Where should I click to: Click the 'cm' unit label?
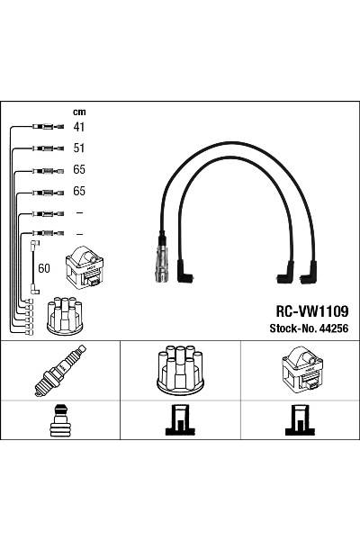(77, 112)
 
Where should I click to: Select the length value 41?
(78, 127)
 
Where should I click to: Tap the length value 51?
(78, 148)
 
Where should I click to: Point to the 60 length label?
(44, 268)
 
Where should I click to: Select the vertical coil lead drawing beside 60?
(34, 265)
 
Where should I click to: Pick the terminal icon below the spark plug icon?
(60, 421)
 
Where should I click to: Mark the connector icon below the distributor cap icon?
(179, 421)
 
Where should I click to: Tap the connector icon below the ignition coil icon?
(300, 421)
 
